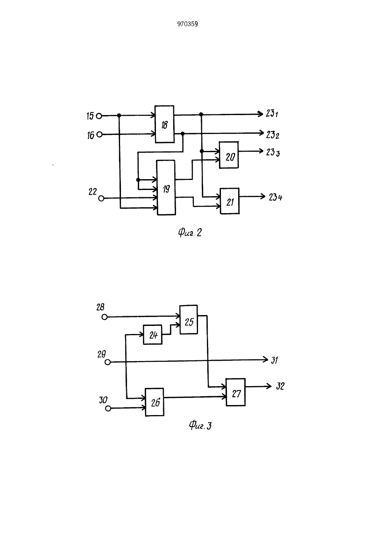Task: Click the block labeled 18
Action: pyautogui.click(x=164, y=124)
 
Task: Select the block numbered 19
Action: pyautogui.click(x=166, y=187)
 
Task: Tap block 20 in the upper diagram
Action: pyautogui.click(x=229, y=155)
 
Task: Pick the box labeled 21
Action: pyautogui.click(x=230, y=201)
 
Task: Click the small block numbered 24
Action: pyautogui.click(x=152, y=335)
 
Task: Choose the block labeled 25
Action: pyautogui.click(x=189, y=319)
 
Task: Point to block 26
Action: pyautogui.click(x=154, y=402)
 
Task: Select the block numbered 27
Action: pyautogui.click(x=235, y=392)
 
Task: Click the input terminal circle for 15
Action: pyautogui.click(x=99, y=116)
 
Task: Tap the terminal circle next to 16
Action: pyautogui.click(x=100, y=134)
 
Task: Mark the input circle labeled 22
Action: pyautogui.click(x=101, y=198)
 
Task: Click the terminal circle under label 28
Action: pyautogui.click(x=105, y=317)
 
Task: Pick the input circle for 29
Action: pyautogui.click(x=107, y=363)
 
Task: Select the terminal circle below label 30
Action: pyautogui.click(x=108, y=408)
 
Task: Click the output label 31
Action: pyautogui.click(x=274, y=360)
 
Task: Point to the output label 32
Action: pyautogui.click(x=280, y=387)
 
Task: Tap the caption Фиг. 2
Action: pyautogui.click(x=190, y=233)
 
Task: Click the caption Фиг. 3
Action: pyautogui.click(x=200, y=426)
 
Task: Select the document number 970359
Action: pyautogui.click(x=188, y=24)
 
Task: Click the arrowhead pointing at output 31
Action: pyautogui.click(x=266, y=359)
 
